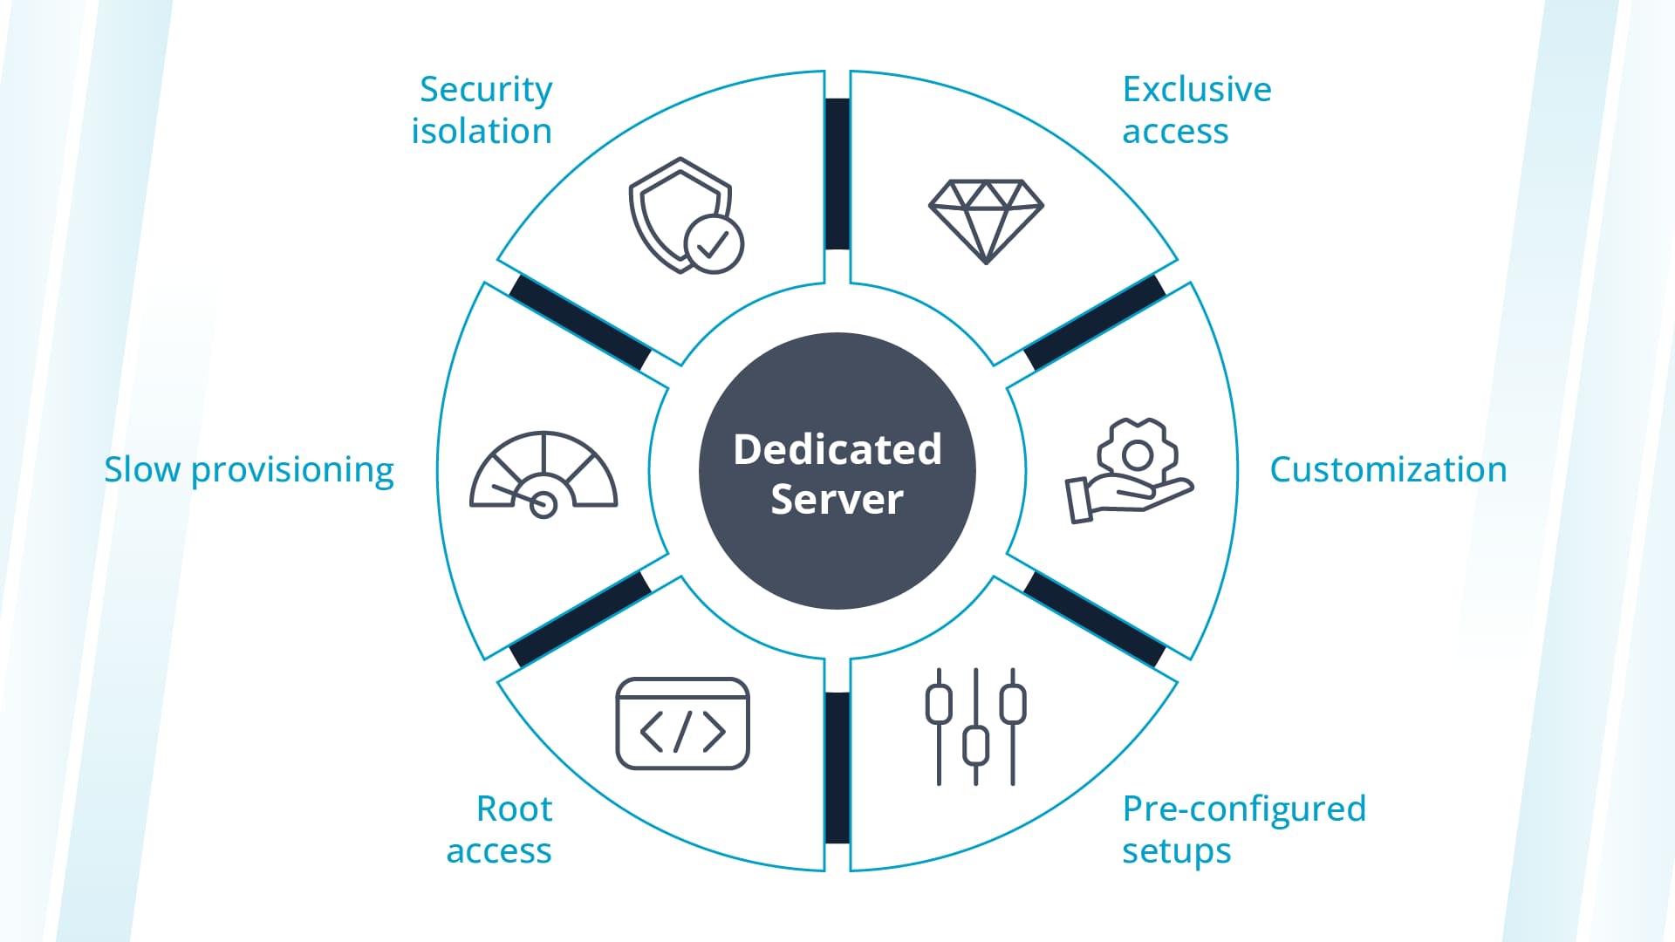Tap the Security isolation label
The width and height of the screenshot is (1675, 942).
click(482, 110)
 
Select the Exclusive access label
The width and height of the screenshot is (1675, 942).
click(1196, 110)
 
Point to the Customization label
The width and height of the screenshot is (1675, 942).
click(1387, 469)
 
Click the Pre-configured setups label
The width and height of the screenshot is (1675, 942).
click(1243, 829)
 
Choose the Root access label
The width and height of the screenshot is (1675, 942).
click(499, 829)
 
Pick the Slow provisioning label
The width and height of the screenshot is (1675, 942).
click(250, 469)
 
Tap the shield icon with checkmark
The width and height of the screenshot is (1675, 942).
click(685, 215)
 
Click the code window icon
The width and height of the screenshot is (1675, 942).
click(682, 724)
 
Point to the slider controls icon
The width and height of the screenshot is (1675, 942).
click(975, 727)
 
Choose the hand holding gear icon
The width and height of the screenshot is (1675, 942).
click(1129, 471)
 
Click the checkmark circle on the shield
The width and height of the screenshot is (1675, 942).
click(714, 245)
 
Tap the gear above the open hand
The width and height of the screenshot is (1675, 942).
click(1137, 452)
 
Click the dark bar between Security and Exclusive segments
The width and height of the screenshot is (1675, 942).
click(837, 174)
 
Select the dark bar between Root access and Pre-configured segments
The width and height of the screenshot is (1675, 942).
click(837, 768)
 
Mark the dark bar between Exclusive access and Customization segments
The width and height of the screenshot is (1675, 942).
click(1095, 323)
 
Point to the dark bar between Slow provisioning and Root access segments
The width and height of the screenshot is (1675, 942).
click(580, 619)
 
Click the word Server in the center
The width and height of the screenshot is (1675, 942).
click(837, 500)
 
